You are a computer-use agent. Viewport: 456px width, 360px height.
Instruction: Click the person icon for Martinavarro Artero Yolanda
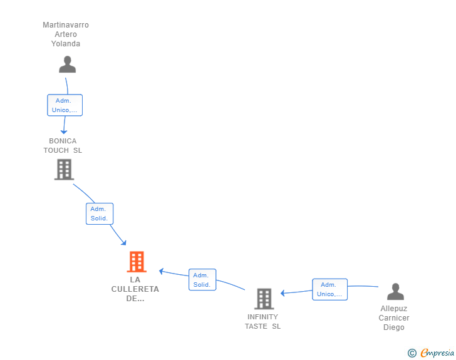coord(67,64)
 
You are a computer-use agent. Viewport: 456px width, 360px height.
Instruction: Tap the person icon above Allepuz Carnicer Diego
coord(395,291)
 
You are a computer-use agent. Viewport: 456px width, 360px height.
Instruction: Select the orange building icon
coord(137,262)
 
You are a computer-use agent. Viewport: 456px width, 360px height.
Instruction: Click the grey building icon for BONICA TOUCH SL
coord(65,170)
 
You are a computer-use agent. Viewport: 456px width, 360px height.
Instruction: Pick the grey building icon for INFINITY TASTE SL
coord(264,299)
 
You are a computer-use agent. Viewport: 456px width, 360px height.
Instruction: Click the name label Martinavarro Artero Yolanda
coord(66,34)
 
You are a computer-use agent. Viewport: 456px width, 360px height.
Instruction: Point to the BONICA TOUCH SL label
coord(63,146)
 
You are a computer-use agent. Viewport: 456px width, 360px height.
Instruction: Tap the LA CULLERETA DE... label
coord(135,289)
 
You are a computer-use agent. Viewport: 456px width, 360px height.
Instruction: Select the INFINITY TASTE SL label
coord(262,322)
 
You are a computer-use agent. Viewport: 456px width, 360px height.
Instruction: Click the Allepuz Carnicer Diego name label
coord(394,318)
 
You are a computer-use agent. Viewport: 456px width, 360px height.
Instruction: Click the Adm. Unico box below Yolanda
coord(65,105)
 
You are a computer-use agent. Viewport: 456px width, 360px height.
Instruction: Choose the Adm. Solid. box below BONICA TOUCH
coord(100,213)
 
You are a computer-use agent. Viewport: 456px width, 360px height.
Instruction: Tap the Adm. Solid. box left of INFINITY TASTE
coord(202,279)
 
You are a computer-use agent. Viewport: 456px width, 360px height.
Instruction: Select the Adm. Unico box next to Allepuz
coord(329,289)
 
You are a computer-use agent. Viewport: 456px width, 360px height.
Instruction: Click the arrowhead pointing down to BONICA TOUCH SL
coord(64,132)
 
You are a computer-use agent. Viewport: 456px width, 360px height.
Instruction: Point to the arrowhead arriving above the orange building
coord(124,243)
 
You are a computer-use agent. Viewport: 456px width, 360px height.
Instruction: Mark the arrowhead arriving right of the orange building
coord(161,271)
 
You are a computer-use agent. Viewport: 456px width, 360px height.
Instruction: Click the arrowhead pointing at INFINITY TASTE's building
coord(282,293)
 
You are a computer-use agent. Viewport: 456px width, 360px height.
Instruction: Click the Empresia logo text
coord(437,352)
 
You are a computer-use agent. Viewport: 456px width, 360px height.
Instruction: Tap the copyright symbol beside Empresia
coord(412,353)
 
